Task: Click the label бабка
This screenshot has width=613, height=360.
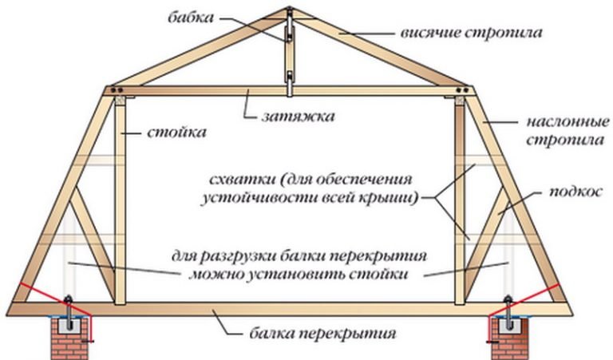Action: click(192, 18)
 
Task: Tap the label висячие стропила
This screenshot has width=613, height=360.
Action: click(472, 33)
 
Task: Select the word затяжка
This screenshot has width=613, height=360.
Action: click(299, 116)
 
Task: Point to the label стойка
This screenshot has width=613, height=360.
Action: click(176, 133)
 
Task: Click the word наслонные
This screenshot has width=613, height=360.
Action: click(568, 122)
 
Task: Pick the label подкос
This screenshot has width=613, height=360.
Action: click(575, 192)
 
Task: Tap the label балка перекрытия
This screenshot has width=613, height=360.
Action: click(322, 334)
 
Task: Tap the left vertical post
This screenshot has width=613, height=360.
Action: click(120, 200)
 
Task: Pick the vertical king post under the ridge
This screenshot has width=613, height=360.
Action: click(289, 52)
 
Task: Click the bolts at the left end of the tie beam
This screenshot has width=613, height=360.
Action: click(117, 90)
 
